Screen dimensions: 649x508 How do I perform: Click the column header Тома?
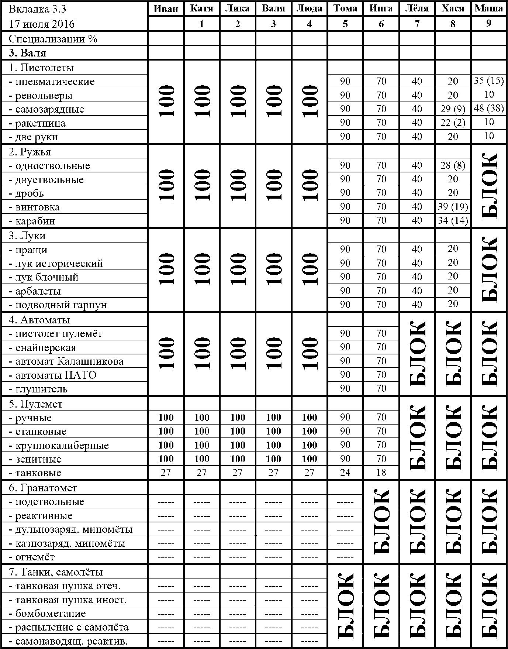[x=345, y=8]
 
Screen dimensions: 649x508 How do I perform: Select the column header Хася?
[x=453, y=8]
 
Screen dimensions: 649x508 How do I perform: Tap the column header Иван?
[x=166, y=8]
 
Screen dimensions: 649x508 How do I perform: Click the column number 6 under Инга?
[x=381, y=24]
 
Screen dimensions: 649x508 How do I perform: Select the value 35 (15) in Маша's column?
[x=489, y=80]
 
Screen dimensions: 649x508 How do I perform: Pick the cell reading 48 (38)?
[x=489, y=109]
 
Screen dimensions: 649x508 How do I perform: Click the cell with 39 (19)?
[x=453, y=207]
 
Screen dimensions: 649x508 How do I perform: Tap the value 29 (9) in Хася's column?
[x=453, y=109]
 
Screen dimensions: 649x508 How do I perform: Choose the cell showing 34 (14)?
[x=453, y=221]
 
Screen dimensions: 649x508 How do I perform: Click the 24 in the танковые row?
[x=345, y=473]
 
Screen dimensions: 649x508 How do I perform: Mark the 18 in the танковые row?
[x=381, y=473]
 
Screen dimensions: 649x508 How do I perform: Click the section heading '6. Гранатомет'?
[x=43, y=488]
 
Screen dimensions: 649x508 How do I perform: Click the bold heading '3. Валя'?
[x=28, y=53]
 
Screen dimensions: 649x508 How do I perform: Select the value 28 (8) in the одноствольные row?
[x=453, y=165]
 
